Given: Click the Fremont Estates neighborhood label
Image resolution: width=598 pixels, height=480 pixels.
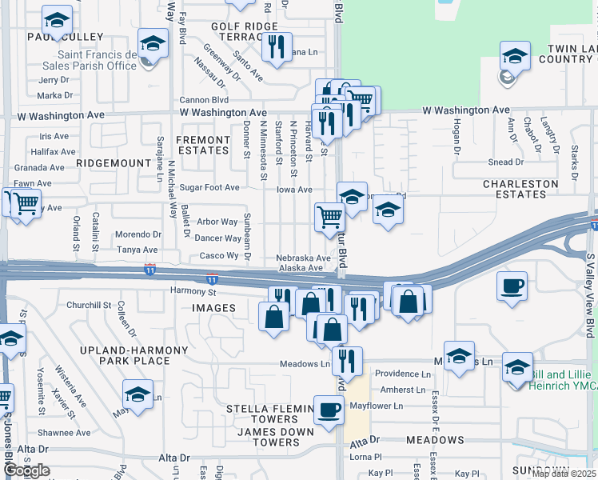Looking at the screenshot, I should click(203, 145).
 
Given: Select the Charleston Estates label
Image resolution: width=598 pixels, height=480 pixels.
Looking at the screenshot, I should click(520, 189).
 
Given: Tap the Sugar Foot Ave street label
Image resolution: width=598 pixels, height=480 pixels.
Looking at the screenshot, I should click(209, 188).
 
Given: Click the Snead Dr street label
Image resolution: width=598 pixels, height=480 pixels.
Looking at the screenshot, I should click(505, 162).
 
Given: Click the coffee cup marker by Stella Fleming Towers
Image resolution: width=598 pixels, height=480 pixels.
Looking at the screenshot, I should click(328, 410).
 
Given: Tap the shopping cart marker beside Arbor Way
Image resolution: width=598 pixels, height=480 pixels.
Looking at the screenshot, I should click(329, 216).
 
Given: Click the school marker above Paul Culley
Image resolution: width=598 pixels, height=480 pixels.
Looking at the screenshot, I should click(57, 20).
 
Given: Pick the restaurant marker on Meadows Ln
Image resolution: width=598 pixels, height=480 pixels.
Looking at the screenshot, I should click(347, 361).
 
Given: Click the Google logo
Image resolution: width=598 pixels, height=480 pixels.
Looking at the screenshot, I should click(26, 470).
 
